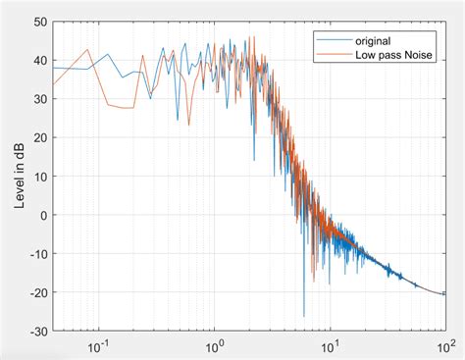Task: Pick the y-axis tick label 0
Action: pos(41,215)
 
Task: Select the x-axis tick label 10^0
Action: pos(213,346)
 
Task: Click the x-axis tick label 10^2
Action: pos(445,346)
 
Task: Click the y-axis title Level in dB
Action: pos(19,177)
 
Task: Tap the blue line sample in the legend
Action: pos(329,40)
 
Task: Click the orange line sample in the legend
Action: pos(329,56)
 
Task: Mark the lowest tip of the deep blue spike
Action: pos(303,316)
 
